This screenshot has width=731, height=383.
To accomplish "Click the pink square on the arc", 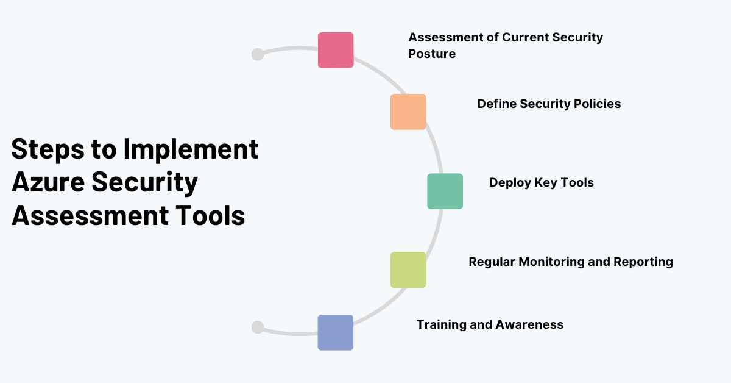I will click(x=336, y=50).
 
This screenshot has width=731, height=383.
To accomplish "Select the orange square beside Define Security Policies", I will click(x=408, y=112).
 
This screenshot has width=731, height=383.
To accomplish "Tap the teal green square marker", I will click(x=445, y=191).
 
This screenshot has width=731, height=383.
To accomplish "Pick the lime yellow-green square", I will click(x=408, y=270).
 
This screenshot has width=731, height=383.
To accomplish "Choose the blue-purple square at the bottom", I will click(x=336, y=332).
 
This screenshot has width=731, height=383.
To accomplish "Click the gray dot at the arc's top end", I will click(x=258, y=54).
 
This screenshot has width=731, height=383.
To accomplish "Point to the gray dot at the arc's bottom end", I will click(x=258, y=328).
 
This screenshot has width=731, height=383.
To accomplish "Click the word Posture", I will click(x=432, y=54).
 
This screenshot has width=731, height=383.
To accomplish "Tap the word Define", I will click(x=496, y=104).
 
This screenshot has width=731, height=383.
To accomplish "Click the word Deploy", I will click(x=510, y=182).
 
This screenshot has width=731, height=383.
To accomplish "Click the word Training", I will click(x=439, y=324).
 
